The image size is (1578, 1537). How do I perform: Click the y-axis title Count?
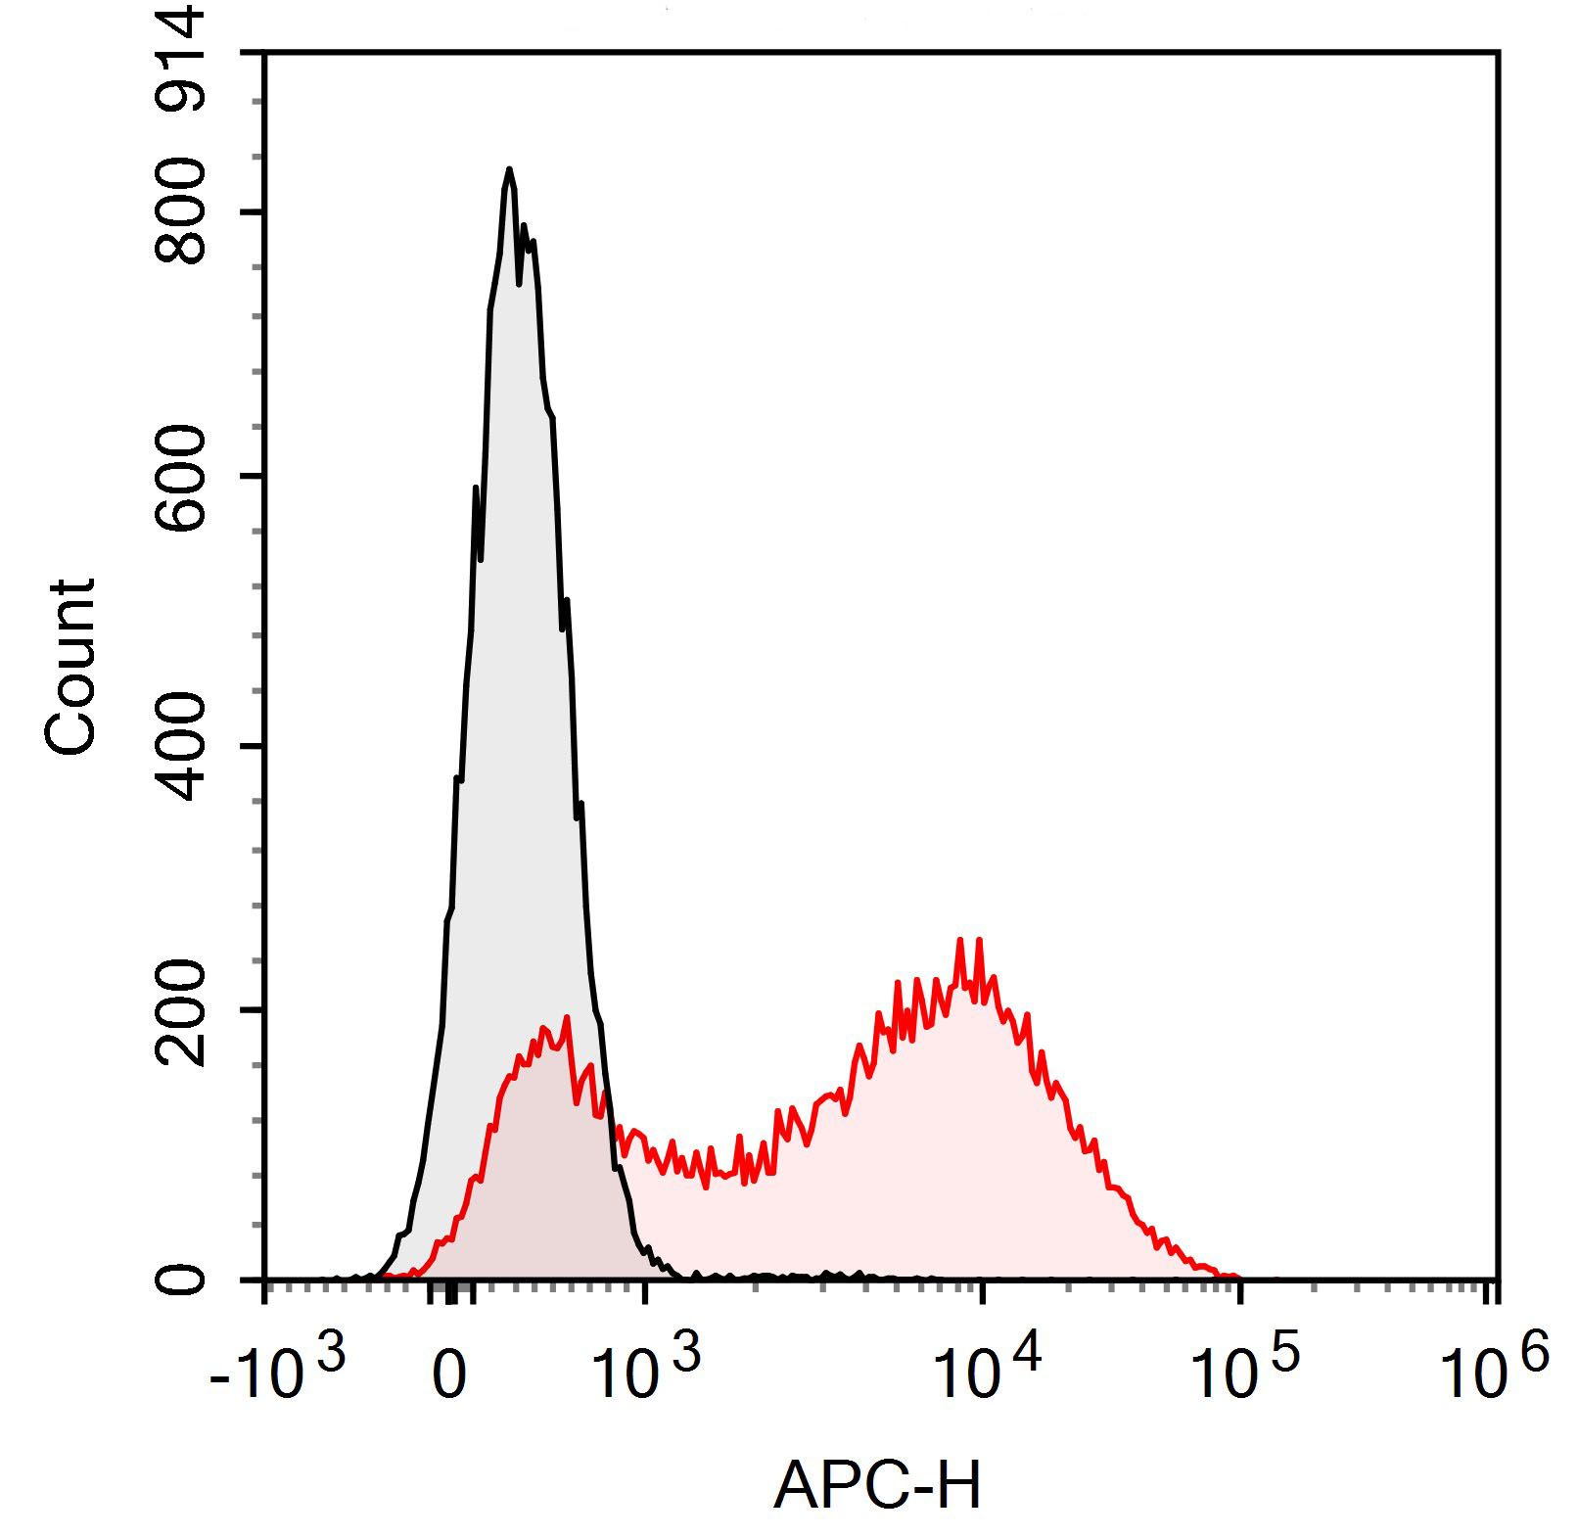(70, 668)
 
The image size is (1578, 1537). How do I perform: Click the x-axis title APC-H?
(876, 1486)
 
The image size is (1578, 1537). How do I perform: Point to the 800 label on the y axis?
(183, 212)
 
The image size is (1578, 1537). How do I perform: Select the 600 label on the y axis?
(183, 478)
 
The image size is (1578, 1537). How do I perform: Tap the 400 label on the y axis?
(183, 747)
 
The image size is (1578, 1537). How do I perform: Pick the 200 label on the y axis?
(183, 1011)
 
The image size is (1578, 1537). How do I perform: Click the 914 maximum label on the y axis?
(183, 54)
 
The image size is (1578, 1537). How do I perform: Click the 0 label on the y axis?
(183, 1280)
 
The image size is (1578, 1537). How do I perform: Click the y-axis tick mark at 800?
(253, 211)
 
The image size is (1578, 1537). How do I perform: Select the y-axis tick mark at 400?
(253, 747)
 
